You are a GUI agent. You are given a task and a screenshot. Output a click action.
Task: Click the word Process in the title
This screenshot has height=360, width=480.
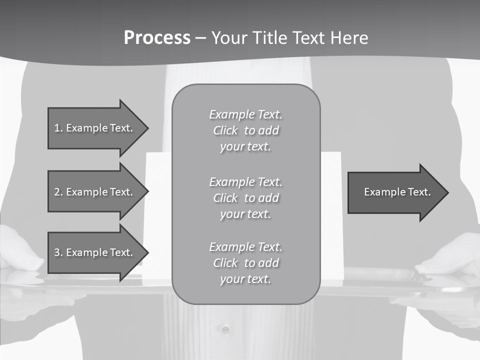click(x=157, y=38)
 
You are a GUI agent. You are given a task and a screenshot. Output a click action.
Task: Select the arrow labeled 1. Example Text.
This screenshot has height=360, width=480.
click(x=95, y=128)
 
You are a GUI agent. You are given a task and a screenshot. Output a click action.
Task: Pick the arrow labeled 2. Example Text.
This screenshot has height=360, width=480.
click(x=95, y=192)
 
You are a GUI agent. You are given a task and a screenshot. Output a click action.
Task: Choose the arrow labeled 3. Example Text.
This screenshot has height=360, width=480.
click(x=95, y=252)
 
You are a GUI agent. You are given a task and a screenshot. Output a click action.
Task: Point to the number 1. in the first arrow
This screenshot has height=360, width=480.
click(x=58, y=128)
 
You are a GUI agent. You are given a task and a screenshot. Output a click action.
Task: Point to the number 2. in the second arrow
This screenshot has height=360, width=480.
click(x=58, y=192)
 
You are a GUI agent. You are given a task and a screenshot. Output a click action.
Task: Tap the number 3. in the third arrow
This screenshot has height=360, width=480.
click(x=58, y=252)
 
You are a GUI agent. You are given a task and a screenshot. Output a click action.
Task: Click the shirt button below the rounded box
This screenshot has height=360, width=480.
click(x=225, y=329)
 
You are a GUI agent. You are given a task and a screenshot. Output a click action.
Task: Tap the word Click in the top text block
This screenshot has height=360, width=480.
click(x=225, y=131)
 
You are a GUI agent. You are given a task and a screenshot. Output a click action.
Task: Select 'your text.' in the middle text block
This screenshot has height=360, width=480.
click(x=245, y=214)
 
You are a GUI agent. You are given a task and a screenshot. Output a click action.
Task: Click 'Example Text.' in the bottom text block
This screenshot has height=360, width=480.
click(x=245, y=247)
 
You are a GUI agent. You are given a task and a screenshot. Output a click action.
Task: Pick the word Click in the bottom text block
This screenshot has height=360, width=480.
click(x=225, y=263)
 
